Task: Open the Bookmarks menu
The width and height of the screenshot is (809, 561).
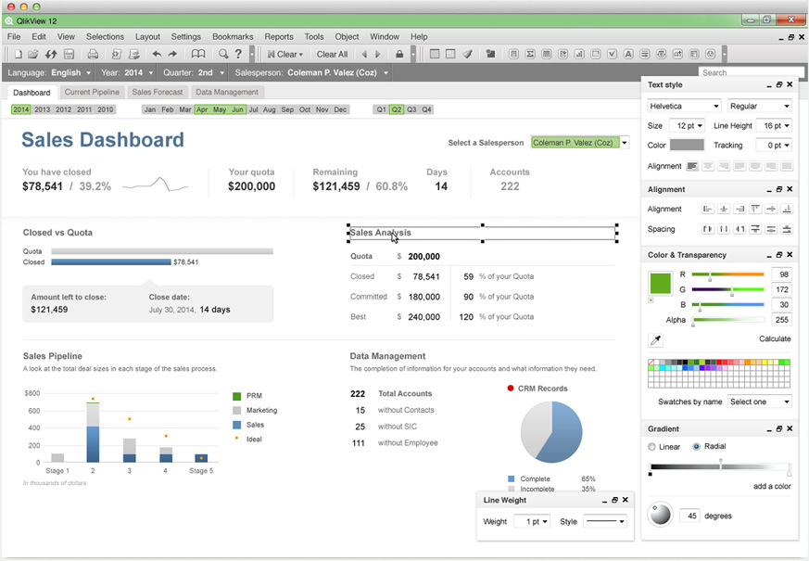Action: (x=232, y=37)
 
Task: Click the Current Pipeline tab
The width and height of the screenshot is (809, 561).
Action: (x=92, y=93)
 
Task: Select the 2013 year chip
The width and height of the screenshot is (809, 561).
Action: (x=42, y=109)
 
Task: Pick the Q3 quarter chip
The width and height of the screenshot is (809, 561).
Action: (x=411, y=109)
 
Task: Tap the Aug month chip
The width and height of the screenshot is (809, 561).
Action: (x=270, y=109)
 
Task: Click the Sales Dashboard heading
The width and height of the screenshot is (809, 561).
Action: (x=103, y=140)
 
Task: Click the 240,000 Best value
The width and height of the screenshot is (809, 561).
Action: (x=423, y=317)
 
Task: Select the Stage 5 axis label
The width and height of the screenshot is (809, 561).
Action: (x=201, y=471)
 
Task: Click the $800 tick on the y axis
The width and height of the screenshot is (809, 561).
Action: (x=32, y=393)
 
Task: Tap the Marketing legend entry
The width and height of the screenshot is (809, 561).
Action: (x=261, y=410)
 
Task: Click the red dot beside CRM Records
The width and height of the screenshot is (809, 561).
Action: (x=511, y=389)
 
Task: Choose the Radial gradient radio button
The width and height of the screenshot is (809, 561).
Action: (x=697, y=447)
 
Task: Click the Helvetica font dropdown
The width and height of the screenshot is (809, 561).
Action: (x=684, y=106)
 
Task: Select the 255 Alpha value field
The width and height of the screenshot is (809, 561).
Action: (x=780, y=320)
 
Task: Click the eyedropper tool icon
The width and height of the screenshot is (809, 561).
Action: (x=656, y=341)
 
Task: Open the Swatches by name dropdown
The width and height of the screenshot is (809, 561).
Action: (x=760, y=402)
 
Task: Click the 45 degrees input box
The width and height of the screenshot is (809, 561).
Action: (x=689, y=516)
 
